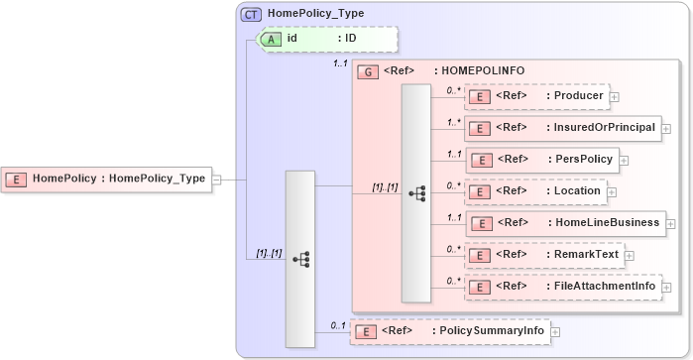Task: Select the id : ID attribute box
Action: pos(326,39)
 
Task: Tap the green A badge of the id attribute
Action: pos(271,39)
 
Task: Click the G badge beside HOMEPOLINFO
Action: pos(367,72)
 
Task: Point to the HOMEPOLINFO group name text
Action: pos(483,71)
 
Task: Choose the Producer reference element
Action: pos(535,96)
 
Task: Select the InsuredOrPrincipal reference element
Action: pos(561,128)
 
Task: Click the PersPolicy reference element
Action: pos(542,160)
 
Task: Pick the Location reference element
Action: pos(534,191)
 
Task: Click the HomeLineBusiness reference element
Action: pos(564,223)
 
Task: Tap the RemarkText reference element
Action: pos(543,255)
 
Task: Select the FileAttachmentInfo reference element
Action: pos(562,287)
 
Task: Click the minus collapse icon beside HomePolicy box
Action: pos(216,180)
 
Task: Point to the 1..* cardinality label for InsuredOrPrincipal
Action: pos(453,122)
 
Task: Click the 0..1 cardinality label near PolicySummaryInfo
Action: pos(338,325)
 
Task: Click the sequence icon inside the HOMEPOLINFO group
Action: pos(415,192)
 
